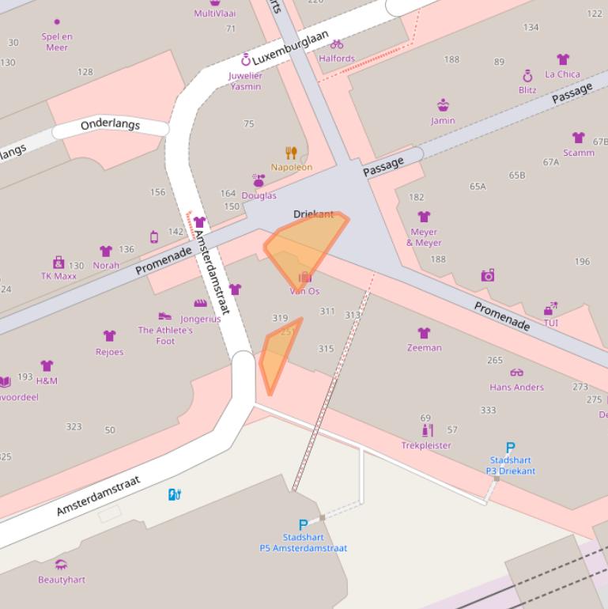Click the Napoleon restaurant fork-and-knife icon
coord(291,153)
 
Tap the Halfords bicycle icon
coord(337,44)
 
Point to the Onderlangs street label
coord(110,125)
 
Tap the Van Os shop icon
coord(304,278)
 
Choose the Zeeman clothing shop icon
coord(424,333)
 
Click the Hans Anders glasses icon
coord(516,373)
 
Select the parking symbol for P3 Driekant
coord(510,447)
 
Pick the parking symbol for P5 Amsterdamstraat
coord(303,524)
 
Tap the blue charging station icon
coord(175,495)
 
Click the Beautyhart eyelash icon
coord(61,565)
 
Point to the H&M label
coord(47,380)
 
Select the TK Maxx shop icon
coord(58,262)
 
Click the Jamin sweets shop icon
coord(443,106)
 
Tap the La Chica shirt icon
coord(562,60)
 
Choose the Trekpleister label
coord(426,445)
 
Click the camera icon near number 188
coord(487,275)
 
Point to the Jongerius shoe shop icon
coord(200,304)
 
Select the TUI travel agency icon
coord(550,308)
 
